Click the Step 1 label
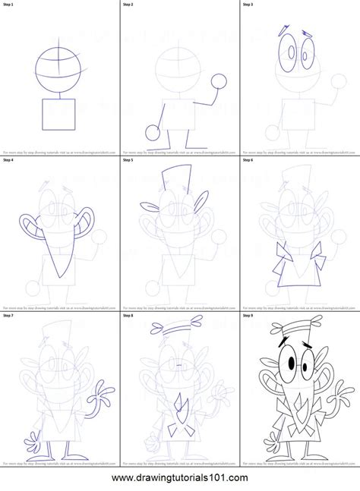tap(11, 5)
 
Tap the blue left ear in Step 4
tap(30, 225)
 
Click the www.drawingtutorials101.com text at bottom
tap(180, 478)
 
